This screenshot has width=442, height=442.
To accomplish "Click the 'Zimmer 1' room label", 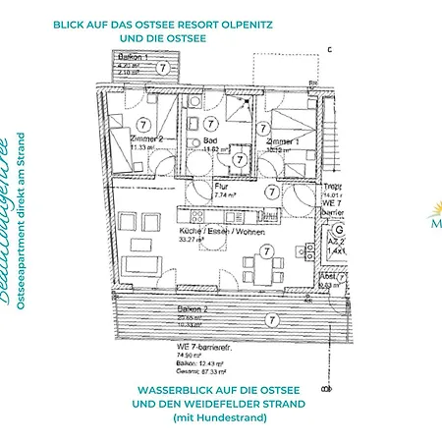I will click(x=278, y=139).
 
